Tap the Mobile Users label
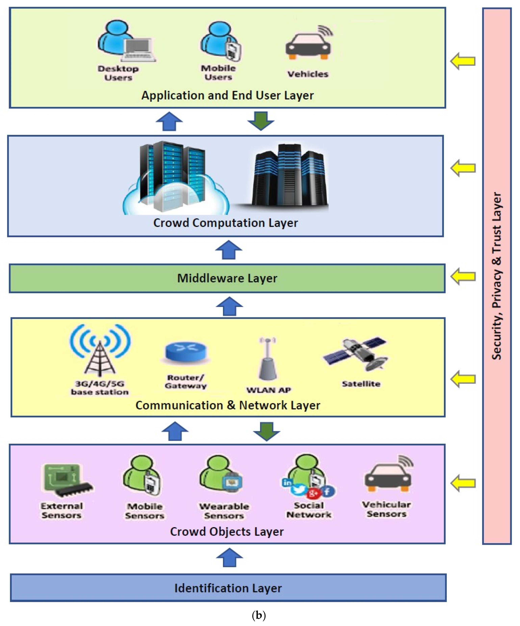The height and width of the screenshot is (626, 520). [218, 72]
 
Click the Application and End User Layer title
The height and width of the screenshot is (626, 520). [227, 95]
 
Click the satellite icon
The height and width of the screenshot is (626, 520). [356, 353]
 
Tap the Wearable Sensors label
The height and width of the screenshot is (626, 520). [224, 511]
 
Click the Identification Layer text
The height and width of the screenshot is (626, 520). [228, 588]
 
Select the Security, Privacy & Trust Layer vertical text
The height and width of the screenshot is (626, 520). [497, 276]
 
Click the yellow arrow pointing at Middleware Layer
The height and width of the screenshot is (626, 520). [463, 276]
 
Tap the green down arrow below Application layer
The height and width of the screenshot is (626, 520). [261, 121]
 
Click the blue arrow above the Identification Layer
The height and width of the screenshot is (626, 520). [229, 557]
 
